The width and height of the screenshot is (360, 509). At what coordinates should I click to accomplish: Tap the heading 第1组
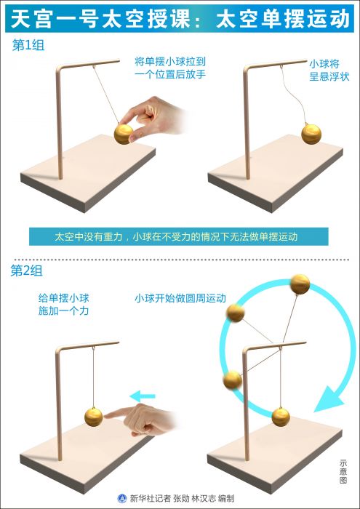28,45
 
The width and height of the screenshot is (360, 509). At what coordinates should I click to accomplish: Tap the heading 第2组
27,271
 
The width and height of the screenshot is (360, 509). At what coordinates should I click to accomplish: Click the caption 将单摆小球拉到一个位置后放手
170,68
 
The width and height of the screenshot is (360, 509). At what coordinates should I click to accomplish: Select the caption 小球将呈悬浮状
329,71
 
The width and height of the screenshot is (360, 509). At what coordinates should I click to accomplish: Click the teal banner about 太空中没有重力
178,236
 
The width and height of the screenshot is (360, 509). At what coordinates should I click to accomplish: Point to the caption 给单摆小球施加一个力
63,305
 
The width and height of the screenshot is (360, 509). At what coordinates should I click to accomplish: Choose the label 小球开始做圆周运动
180,298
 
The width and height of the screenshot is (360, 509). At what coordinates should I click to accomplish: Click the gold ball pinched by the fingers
124,135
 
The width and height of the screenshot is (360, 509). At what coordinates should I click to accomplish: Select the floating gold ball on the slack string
311,135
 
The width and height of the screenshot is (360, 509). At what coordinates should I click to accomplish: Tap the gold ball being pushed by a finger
94,417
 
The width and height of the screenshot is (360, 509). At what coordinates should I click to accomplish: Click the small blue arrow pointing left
143,396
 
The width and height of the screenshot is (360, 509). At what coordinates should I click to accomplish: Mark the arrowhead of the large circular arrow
329,398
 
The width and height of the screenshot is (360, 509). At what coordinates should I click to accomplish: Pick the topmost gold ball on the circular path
300,284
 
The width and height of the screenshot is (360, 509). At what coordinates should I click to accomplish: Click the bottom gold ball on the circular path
281,417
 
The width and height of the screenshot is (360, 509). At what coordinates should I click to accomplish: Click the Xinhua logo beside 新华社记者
122,499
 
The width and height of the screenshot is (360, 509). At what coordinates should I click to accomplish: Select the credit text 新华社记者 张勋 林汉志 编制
182,499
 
